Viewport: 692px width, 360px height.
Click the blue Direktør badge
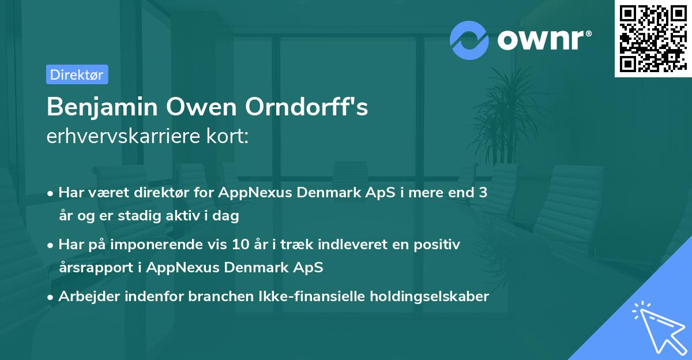pos(77,74)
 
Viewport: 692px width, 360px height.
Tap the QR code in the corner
pos(653,38)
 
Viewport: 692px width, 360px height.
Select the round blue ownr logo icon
pos(469,39)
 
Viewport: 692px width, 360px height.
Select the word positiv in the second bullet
pos(439,245)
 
